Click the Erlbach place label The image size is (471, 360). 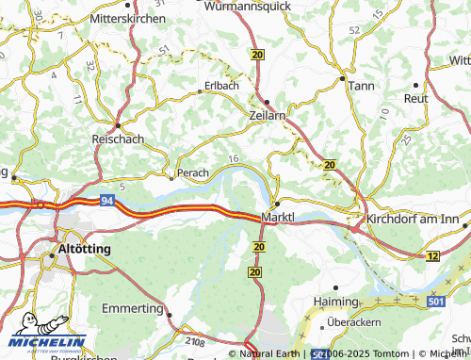point(221,86)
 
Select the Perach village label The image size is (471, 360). point(193,173)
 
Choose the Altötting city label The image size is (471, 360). point(85,249)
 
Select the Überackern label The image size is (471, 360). point(360,322)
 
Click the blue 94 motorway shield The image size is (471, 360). point(108,201)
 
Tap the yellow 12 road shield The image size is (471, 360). point(432,256)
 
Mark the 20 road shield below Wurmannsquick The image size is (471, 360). point(258,56)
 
